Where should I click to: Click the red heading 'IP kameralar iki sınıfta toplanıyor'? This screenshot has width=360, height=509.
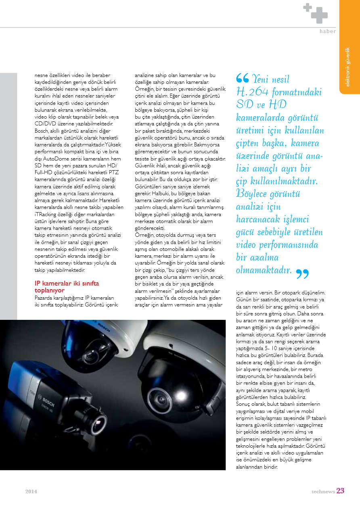[67, 286]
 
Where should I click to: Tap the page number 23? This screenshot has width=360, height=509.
[340, 491]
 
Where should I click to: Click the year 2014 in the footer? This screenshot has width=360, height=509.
[31, 492]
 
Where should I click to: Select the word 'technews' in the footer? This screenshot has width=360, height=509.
[323, 491]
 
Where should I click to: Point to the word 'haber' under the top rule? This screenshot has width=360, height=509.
[327, 31]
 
